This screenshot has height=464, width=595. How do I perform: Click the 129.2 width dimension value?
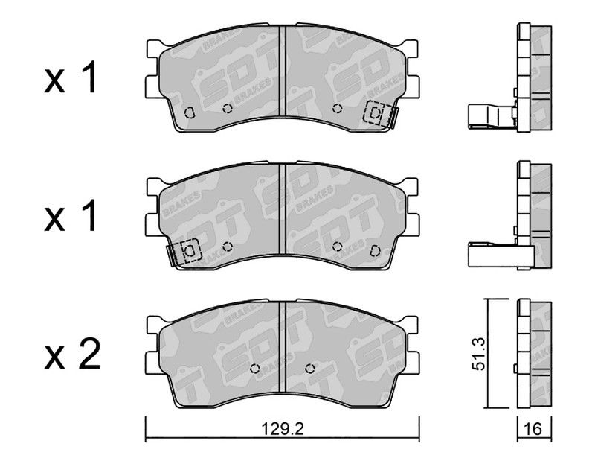[x=283, y=429]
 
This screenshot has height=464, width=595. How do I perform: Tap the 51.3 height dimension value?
[x=478, y=355]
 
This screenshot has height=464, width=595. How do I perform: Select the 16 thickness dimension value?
[x=534, y=429]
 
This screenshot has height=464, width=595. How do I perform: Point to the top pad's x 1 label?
[x=71, y=78]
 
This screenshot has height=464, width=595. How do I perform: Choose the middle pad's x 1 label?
[x=71, y=216]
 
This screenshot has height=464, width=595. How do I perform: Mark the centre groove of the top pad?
[x=283, y=71]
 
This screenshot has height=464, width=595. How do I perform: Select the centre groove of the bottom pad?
[x=283, y=347]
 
